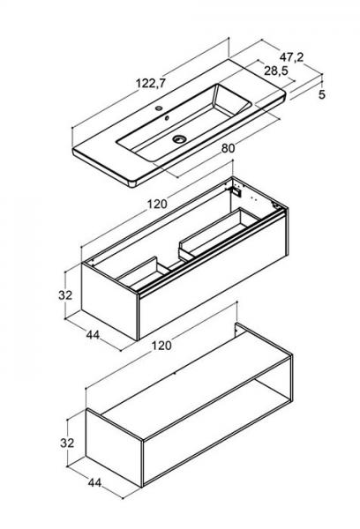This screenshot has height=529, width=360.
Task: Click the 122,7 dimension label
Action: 151,83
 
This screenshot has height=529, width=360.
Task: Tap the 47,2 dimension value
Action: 291,57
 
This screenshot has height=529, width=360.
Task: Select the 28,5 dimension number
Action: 276,71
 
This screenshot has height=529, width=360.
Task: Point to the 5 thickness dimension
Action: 322,94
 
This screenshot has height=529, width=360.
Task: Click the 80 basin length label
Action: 228,148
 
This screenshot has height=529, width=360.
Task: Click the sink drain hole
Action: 179,138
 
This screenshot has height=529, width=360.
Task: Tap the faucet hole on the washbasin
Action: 159,108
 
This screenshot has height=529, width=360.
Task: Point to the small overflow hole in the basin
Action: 167,118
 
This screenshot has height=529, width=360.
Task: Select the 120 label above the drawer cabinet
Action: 157,204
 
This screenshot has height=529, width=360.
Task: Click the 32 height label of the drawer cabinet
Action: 65,294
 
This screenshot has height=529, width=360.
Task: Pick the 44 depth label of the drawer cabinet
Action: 93,335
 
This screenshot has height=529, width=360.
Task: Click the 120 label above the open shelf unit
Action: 161,345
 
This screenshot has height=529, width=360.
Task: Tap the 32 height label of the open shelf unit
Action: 67,443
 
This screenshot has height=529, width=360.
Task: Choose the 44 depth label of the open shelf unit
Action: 94,482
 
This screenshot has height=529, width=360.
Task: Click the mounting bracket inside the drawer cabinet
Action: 236,191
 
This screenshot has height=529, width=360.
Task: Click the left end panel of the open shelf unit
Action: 114,447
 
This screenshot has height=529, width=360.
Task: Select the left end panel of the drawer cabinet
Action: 109,302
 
